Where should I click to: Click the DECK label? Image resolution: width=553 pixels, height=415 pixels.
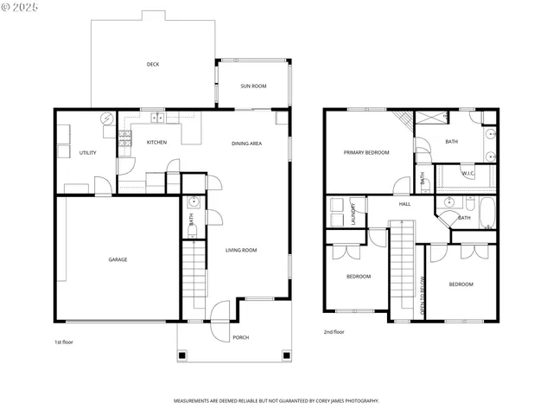pyautogui.click(x=152, y=64)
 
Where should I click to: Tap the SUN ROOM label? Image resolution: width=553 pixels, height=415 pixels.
pyautogui.click(x=252, y=86)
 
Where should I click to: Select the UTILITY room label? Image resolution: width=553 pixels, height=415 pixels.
pyautogui.click(x=87, y=153)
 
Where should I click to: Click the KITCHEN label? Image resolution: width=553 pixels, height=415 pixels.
pyautogui.click(x=156, y=143)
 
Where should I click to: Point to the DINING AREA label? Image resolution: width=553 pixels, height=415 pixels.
pyautogui.click(x=246, y=144)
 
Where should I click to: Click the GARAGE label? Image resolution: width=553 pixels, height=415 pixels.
pyautogui.click(x=118, y=259)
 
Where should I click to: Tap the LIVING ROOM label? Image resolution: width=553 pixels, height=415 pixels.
pyautogui.click(x=242, y=251)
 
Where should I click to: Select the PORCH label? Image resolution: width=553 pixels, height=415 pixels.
pyautogui.click(x=240, y=337)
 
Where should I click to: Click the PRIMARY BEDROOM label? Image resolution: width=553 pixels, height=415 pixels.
pyautogui.click(x=366, y=153)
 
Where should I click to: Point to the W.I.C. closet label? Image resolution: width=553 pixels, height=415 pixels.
pyautogui.click(x=467, y=173)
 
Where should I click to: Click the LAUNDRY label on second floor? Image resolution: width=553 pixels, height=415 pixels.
pyautogui.click(x=354, y=213)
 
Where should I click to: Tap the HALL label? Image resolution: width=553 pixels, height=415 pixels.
pyautogui.click(x=404, y=205)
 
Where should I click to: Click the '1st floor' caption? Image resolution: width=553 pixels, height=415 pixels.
pyautogui.click(x=63, y=342)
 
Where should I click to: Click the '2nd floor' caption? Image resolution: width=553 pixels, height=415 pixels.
pyautogui.click(x=334, y=332)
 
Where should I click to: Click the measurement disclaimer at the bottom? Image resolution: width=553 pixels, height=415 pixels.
pyautogui.click(x=276, y=401)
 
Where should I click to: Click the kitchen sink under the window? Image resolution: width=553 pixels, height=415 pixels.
pyautogui.click(x=158, y=118)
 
